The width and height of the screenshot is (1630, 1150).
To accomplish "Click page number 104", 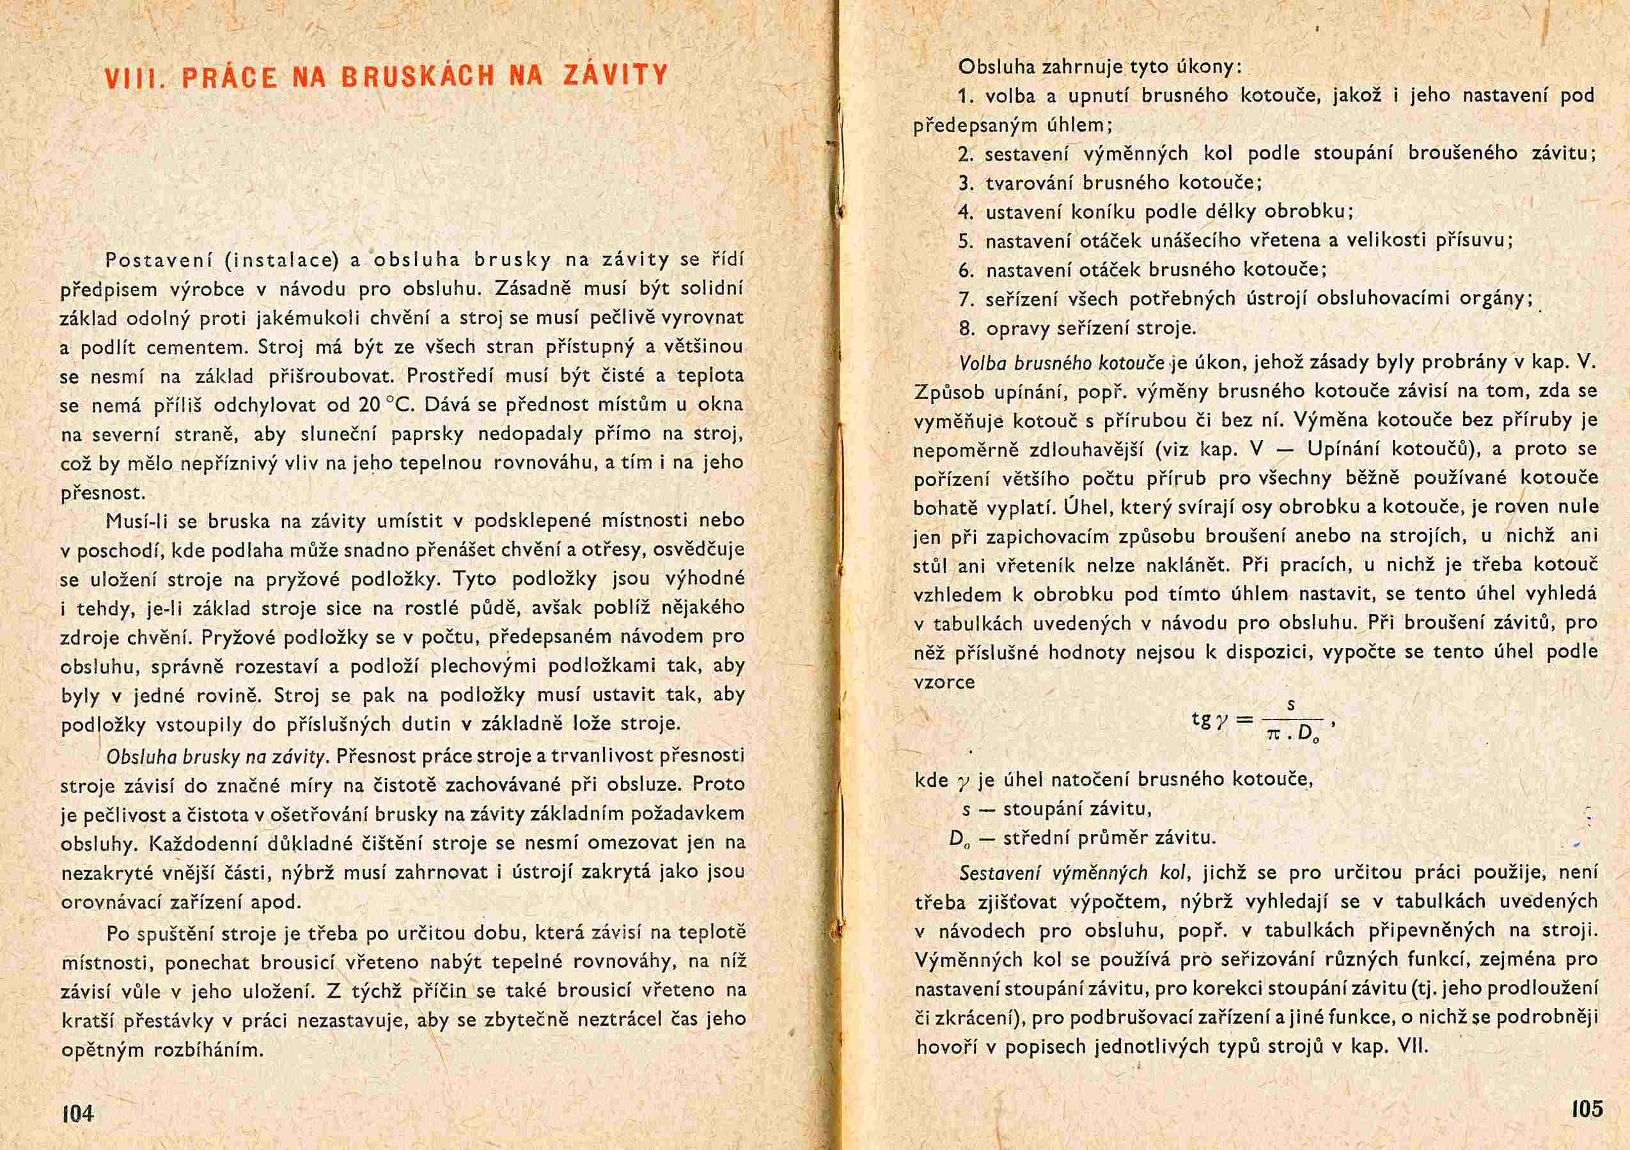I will [x=78, y=1112].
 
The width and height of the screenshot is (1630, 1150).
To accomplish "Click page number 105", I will [x=1587, y=1108].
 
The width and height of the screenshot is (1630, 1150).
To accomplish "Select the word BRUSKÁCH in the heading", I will [x=417, y=76].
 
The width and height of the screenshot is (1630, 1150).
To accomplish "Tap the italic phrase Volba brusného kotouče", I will [x=1062, y=363].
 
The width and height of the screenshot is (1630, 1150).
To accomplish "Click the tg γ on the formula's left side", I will [x=1209, y=719].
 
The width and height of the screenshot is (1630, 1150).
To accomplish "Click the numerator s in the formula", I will [x=1290, y=705].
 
